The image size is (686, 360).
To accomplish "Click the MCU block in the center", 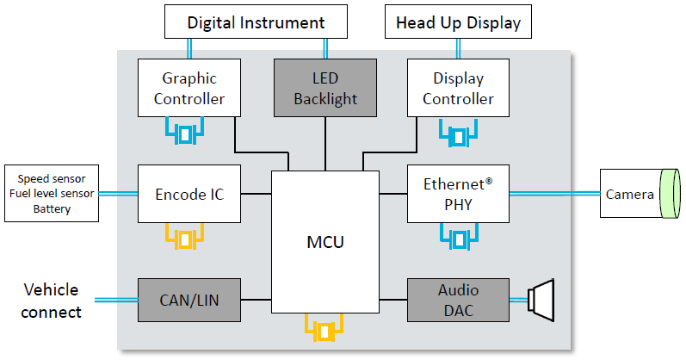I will tap(325, 242).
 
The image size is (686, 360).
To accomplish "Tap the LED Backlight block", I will tap(324, 87).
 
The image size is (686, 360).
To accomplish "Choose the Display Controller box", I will tap(458, 87).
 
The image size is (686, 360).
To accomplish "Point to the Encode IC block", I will tap(189, 194).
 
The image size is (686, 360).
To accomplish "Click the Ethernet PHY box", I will tap(458, 194).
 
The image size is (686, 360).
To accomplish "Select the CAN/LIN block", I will tap(189, 300).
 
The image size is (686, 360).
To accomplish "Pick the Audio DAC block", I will tap(458, 300).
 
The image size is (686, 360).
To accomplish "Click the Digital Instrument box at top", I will tap(256, 23).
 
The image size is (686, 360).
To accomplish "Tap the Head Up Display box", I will tap(458, 23).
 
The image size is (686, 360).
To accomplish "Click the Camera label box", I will tap(630, 194).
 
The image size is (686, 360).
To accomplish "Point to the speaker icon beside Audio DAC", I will tap(543, 300).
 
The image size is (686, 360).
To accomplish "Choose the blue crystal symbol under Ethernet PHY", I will tap(460, 238).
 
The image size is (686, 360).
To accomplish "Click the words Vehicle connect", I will tap(52, 300).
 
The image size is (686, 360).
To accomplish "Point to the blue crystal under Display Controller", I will tap(460, 134).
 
